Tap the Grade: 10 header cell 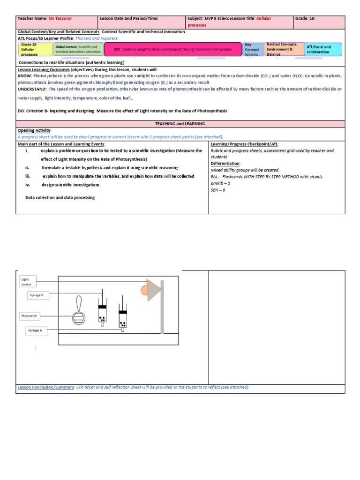[x=307, y=19]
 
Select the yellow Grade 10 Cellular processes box [x=34, y=49]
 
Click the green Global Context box [x=78, y=49]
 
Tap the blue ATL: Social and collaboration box [x=322, y=49]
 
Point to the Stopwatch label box [x=29, y=315]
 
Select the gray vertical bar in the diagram [x=162, y=306]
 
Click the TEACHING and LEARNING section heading [x=180, y=124]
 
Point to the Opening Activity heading [x=34, y=130]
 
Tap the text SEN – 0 [x=218, y=190]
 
